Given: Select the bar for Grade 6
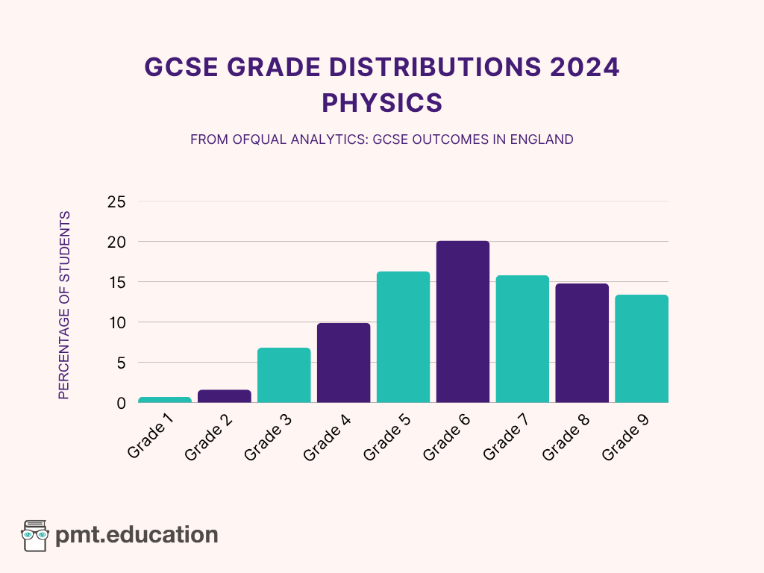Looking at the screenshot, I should click(x=463, y=322).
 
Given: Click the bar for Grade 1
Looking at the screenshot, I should click(x=165, y=399).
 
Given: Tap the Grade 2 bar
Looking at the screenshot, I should click(x=225, y=396).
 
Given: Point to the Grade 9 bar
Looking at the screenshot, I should click(x=642, y=348).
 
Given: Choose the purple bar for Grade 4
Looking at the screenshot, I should click(x=343, y=363).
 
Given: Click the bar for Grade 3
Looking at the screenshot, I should click(x=284, y=375).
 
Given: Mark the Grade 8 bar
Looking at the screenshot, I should click(x=582, y=343).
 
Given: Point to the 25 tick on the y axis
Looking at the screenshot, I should click(x=116, y=202).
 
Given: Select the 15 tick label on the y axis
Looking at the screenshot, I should click(x=116, y=283).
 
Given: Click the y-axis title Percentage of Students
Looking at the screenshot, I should click(x=64, y=305).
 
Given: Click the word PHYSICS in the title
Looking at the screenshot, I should click(x=382, y=102).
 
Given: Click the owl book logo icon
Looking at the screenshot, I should click(x=35, y=535).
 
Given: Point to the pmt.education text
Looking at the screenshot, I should click(x=137, y=535).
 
